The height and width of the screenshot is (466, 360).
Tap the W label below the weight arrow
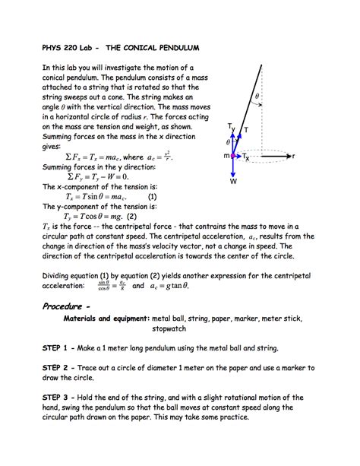click(234, 182)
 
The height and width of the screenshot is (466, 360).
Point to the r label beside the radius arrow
click(294, 156)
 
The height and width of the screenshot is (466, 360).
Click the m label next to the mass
click(226, 156)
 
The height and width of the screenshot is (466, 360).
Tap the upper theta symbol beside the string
click(257, 97)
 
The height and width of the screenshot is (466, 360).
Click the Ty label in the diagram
click(231, 127)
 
